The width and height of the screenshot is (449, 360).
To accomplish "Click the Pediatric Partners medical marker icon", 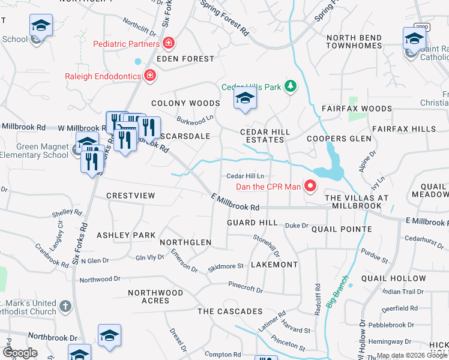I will click(169, 43).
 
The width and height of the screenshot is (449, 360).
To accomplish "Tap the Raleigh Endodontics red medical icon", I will click(149, 76).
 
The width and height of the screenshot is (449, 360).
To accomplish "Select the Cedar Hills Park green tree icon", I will click(291, 87).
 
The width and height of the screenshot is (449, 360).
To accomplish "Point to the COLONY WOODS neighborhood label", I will click(185, 103).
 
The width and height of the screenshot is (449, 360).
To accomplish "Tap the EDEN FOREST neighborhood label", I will click(185, 59).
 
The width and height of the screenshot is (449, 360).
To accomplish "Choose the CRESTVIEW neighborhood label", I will click(130, 196).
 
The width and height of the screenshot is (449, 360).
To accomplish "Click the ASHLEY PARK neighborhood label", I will click(126, 235).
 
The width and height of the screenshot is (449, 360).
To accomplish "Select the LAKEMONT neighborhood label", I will click(274, 264).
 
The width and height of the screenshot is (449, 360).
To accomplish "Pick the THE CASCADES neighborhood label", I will click(230, 311).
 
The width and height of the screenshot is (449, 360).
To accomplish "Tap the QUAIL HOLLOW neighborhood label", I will click(399, 278).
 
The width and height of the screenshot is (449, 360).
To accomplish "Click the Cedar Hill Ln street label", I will click(245, 176).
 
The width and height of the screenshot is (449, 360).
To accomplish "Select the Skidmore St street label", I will click(225, 266).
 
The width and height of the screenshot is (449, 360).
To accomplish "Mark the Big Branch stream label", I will click(337, 292).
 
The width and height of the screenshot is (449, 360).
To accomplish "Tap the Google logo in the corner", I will click(20, 352).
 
